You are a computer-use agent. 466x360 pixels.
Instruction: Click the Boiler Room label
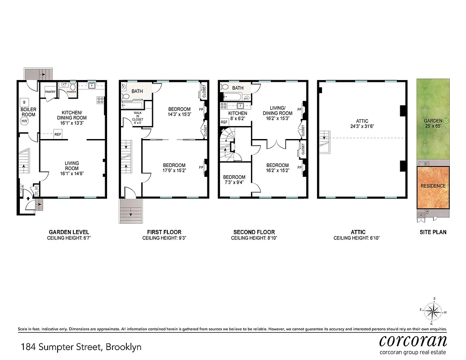28,112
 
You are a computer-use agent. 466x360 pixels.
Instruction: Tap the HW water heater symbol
25,121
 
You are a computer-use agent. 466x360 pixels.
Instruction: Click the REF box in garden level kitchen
58,134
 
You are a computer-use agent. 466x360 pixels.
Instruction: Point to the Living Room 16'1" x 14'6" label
72,166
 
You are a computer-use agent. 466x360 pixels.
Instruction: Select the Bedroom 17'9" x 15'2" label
174,168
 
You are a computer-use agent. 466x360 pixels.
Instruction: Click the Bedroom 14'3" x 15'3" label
179,112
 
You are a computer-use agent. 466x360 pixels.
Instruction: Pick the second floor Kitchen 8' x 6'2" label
237,116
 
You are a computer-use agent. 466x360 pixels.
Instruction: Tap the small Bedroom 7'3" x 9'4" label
234,180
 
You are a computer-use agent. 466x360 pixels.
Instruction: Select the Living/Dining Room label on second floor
278,111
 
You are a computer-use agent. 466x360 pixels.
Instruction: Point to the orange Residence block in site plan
433,186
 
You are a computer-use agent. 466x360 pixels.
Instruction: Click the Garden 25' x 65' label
433,124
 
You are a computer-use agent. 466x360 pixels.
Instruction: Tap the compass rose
434,311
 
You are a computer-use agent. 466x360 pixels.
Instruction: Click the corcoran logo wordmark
413,340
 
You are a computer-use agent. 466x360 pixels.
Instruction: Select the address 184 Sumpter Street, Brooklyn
81,347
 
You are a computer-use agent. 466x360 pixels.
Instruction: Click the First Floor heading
164,232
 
